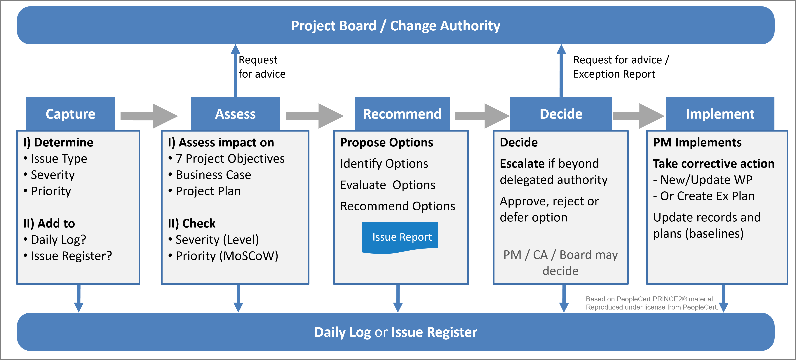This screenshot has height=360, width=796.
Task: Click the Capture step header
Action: click(70, 114)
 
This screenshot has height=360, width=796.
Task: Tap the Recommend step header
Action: click(402, 114)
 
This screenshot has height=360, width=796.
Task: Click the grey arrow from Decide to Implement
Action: click(638, 116)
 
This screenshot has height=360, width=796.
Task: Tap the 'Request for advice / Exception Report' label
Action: click(621, 67)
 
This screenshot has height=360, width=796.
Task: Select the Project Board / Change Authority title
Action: click(396, 26)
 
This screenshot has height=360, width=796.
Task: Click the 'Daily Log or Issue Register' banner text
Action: click(396, 332)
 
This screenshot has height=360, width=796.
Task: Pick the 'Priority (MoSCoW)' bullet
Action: click(227, 256)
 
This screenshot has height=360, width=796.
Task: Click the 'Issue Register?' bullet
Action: click(71, 256)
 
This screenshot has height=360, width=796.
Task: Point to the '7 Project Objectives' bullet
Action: click(230, 158)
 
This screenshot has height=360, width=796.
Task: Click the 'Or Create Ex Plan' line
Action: click(707, 196)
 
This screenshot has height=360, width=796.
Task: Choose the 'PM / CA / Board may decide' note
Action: click(560, 263)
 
